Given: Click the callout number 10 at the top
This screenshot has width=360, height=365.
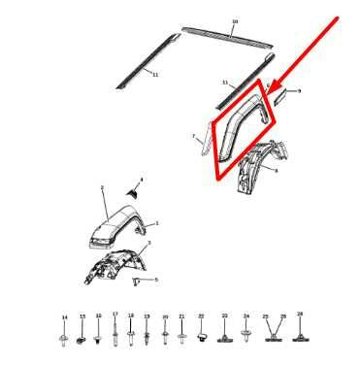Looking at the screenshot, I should point(234,20).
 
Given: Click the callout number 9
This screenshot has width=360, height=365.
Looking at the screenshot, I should point(300,90).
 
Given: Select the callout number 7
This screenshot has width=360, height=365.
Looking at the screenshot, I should point(193,136).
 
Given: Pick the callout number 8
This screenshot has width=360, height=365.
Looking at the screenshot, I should point(277,170).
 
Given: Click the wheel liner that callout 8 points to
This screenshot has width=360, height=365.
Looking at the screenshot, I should point(254,167).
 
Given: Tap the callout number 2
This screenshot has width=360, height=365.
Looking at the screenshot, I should point(103,187).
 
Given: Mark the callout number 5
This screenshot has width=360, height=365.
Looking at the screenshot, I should point(155,280).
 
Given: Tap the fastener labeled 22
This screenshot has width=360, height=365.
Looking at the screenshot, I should point(201,337).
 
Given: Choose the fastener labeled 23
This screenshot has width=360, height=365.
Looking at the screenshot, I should point(224,337).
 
